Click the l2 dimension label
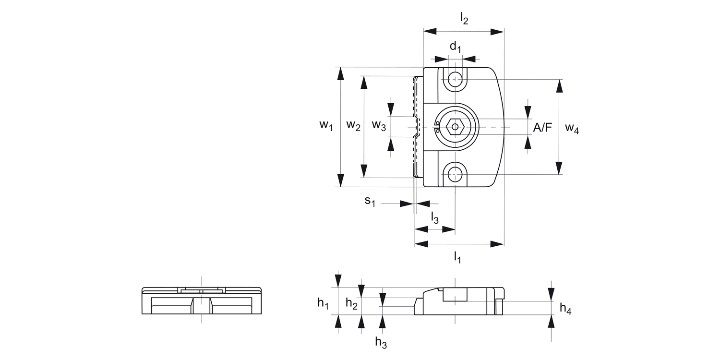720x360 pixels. tap(464, 19)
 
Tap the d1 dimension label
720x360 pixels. tap(455, 47)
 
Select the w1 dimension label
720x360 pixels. tap(326, 126)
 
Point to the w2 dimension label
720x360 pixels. tap(353, 126)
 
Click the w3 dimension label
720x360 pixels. tap(379, 126)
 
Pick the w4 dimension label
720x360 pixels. tap(572, 128)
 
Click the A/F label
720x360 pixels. tap(543, 127)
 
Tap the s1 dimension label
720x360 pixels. tap(369, 201)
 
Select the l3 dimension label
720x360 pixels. tap(434, 217)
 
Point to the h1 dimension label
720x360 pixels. tap(323, 303)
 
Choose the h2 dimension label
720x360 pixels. tap(351, 303)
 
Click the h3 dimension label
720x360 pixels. tap(381, 342)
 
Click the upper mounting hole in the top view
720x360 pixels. tap(455, 79)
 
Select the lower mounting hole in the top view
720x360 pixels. tap(455, 174)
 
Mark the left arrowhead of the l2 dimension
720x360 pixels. tap(430, 31)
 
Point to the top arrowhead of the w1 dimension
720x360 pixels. tap(340, 73)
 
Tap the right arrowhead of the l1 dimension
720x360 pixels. tap(497, 244)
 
